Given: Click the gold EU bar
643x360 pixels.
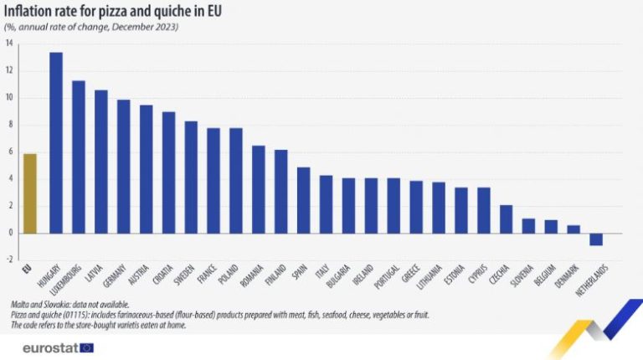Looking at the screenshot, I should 30,193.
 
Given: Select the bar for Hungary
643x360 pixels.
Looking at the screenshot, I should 56,142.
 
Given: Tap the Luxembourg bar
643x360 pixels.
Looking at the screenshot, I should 79,157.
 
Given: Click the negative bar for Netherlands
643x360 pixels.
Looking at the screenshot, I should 596,239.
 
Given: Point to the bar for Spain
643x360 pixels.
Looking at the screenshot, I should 303,200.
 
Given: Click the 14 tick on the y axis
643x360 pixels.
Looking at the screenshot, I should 9,44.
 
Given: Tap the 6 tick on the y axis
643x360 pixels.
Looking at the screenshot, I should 10,152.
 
